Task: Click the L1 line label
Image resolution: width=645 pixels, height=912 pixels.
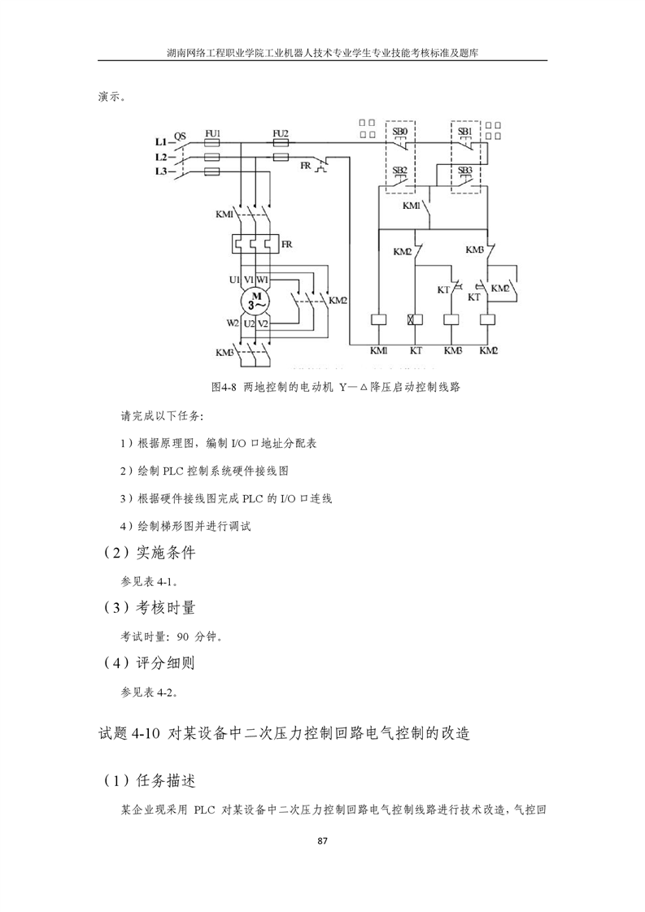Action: click(161, 142)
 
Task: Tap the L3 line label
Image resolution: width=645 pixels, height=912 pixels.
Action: click(161, 171)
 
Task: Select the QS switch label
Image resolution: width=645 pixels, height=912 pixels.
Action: click(181, 137)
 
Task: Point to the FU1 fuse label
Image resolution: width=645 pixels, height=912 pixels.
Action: click(213, 133)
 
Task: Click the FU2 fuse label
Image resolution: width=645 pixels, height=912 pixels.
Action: click(281, 133)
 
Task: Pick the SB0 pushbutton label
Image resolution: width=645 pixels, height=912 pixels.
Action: click(400, 132)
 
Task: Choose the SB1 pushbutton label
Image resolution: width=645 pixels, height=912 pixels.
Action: click(464, 132)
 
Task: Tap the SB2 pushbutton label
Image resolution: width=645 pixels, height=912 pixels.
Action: click(400, 170)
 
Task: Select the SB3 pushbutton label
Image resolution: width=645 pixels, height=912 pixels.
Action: click(464, 170)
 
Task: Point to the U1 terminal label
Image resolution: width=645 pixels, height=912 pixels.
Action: click(234, 280)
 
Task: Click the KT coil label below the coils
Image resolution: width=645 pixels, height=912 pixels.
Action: click(416, 350)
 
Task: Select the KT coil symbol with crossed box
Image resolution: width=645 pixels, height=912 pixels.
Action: click(415, 319)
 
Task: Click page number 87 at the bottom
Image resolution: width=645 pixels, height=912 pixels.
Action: click(323, 840)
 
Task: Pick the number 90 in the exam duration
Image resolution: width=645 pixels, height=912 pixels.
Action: click(183, 637)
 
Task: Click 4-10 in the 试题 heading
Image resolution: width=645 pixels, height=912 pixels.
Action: click(146, 734)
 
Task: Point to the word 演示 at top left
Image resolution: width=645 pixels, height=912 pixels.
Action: click(109, 97)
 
